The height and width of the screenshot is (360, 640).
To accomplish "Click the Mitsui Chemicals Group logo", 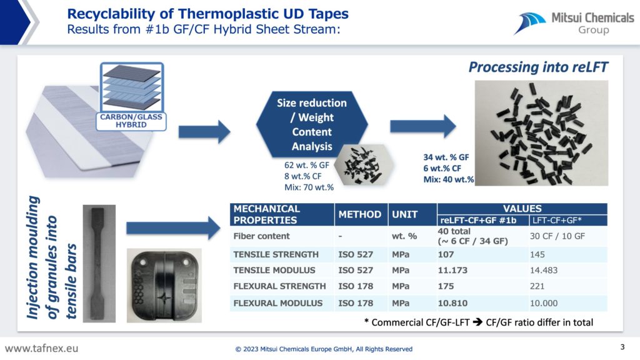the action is coord(574,23).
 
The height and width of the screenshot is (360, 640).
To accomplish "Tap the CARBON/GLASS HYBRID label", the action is coord(131,121).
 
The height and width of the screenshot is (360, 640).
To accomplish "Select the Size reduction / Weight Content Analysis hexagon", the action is coord(312,124).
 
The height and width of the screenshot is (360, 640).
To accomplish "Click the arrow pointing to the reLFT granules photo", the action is coord(423,126).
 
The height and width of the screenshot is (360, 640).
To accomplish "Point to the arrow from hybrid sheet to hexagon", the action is coord(204,131).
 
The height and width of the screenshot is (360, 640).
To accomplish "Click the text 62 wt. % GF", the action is coord(306,165).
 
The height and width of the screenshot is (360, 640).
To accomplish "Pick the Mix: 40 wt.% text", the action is coord(449,179).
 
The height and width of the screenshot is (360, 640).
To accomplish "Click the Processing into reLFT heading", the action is coord(538,67).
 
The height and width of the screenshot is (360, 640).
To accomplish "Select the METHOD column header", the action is coord(359,214).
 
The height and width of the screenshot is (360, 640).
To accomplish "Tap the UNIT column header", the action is coord(404,214).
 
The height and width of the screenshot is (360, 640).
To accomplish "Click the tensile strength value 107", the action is coord(446,254).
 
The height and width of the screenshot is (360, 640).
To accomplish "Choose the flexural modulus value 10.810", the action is coord(452,303).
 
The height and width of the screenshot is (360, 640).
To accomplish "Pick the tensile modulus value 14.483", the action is coord(544,270).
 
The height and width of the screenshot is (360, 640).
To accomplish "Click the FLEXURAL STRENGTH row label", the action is coord(279,286).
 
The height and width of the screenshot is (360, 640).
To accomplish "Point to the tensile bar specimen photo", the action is coord(99,264).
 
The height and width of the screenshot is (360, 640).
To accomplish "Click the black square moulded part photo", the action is coord(164,285).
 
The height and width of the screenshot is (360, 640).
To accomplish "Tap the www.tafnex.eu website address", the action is coord(41,349).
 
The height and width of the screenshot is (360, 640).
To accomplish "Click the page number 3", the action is coord(622,347).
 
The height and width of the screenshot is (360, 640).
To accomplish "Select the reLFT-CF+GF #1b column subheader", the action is coord(478,221).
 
